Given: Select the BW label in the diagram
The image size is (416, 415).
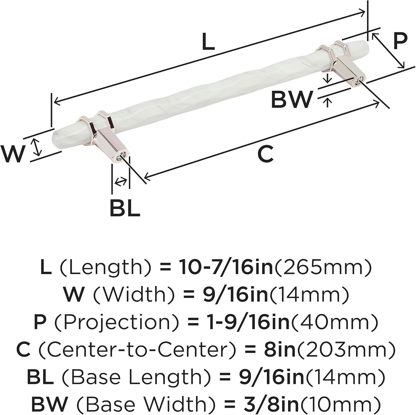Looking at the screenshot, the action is pyautogui.click(x=291, y=99).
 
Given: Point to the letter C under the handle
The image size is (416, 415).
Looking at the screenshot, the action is pyautogui.click(x=265, y=154).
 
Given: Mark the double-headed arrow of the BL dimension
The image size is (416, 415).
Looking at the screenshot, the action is pyautogui.click(x=120, y=182).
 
